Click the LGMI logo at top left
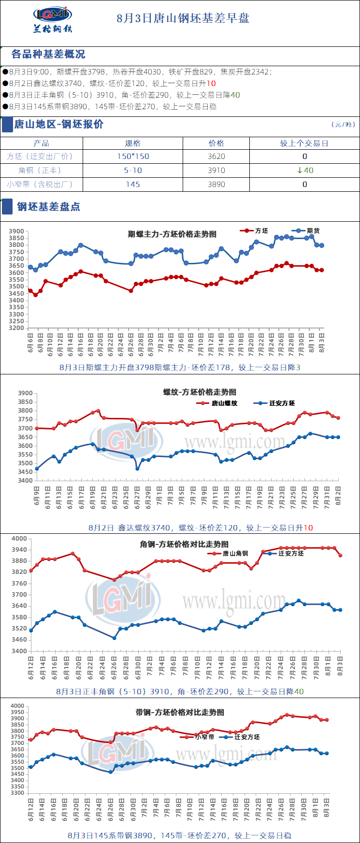pyautogui.click(x=53, y=19)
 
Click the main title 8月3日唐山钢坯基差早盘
pyautogui.click(x=183, y=18)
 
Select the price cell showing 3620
pyautogui.click(x=216, y=157)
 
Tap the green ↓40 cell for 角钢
pyautogui.click(x=304, y=170)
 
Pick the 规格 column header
pyautogui.click(x=133, y=143)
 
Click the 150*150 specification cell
pyautogui.click(x=133, y=157)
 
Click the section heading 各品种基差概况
pyautogui.click(x=48, y=54)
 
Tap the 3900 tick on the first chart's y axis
pyautogui.click(x=16, y=231)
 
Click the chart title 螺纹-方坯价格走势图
pyautogui.click(x=200, y=392)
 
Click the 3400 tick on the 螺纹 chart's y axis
pyautogui.click(x=25, y=481)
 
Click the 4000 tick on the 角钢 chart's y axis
pyautogui.click(x=19, y=539)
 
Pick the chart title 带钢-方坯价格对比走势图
pyautogui.click(x=180, y=712)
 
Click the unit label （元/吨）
pyautogui.click(x=343, y=125)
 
